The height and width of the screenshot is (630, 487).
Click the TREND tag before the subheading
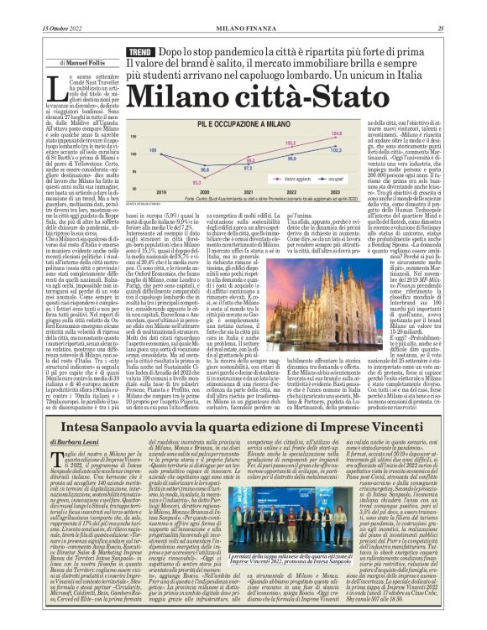[x=139, y=52]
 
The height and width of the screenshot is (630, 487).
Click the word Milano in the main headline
[x=179, y=95]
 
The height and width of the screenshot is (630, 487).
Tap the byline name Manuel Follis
[x=88, y=62]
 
